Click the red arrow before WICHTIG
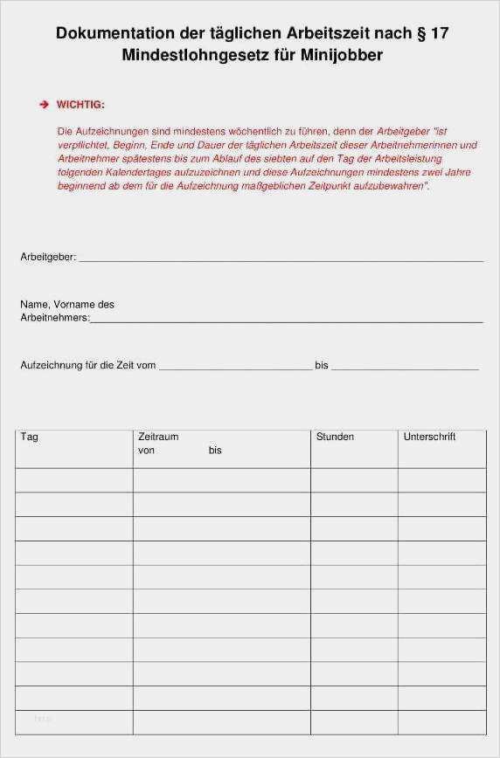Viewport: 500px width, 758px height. click(x=44, y=105)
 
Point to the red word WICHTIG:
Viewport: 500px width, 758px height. click(x=80, y=105)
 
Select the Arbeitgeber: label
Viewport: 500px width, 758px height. click(x=48, y=257)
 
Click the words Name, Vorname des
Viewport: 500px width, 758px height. click(x=67, y=305)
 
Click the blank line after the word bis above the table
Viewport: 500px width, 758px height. click(x=405, y=369)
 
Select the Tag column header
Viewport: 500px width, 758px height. click(x=29, y=437)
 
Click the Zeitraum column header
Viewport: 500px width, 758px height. click(x=158, y=437)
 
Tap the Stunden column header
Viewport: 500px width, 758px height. click(x=335, y=437)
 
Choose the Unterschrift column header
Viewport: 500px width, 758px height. click(x=429, y=437)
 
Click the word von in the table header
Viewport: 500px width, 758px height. click(x=146, y=451)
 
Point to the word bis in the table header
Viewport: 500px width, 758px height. click(x=215, y=451)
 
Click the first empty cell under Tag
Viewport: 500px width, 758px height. click(x=74, y=480)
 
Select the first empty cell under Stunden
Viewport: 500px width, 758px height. click(x=354, y=480)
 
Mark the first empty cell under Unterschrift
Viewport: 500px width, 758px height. click(x=441, y=480)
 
